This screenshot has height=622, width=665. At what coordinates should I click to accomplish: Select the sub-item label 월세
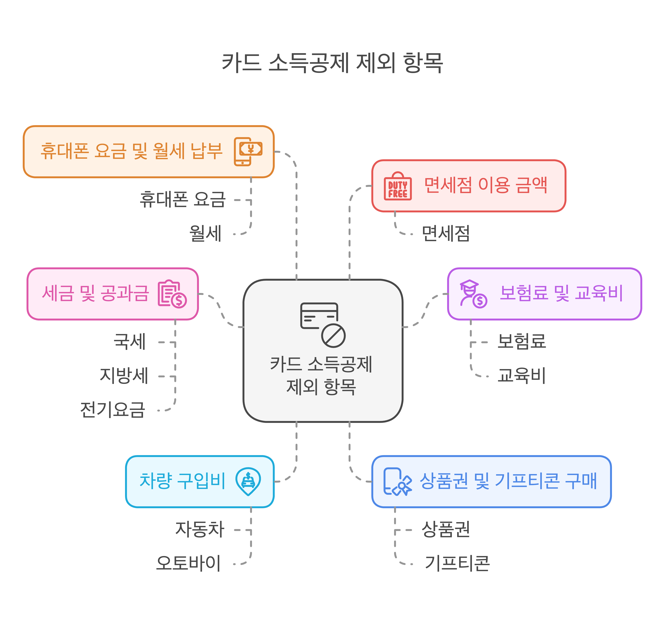tap(205, 233)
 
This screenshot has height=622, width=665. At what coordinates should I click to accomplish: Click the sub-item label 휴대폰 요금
tap(183, 200)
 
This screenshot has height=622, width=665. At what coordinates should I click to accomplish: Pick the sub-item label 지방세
tap(124, 376)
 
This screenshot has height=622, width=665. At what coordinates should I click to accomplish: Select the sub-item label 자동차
tap(200, 530)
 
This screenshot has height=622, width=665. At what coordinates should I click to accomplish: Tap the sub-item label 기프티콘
tap(457, 563)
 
